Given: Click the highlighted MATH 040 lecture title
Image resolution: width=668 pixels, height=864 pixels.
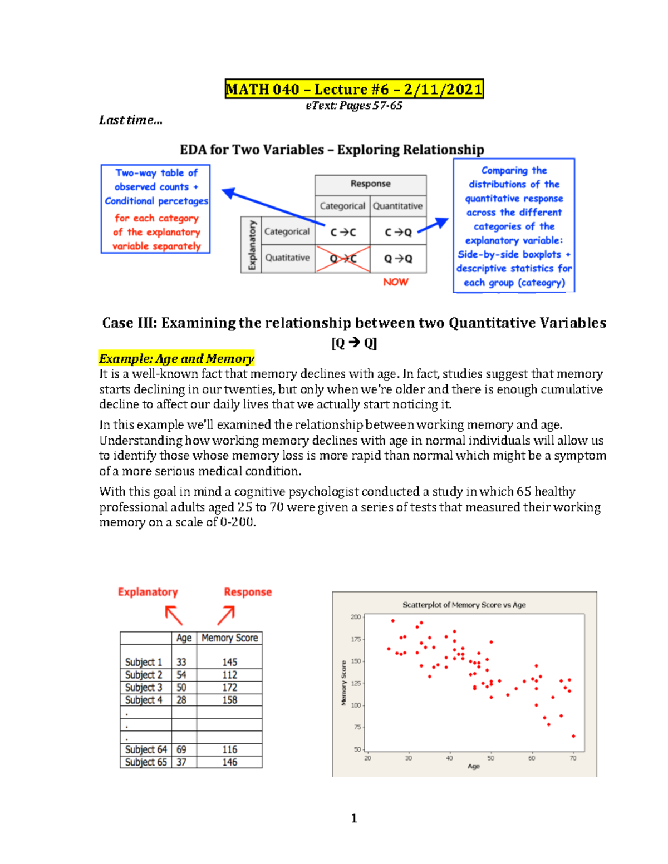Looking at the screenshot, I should tap(354, 89).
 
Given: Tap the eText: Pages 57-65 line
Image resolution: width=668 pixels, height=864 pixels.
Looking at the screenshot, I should tap(354, 106).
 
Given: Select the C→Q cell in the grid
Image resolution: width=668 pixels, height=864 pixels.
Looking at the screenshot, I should tap(399, 232).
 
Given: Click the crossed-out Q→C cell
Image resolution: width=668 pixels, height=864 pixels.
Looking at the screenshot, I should tap(343, 259).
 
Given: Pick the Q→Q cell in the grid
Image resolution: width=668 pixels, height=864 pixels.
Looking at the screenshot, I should tap(399, 259).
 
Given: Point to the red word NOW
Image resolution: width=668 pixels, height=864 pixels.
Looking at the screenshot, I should tap(396, 282).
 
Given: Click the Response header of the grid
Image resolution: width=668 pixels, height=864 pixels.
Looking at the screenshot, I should tap(370, 184).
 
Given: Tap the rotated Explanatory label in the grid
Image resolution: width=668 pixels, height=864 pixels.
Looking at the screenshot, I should tap(252, 245).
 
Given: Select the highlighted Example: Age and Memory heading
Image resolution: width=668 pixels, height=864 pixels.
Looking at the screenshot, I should tap(176, 359).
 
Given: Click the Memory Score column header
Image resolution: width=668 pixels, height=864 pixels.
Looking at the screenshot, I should tap(229, 638).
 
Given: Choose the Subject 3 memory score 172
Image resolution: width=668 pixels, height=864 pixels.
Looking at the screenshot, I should tap(229, 688).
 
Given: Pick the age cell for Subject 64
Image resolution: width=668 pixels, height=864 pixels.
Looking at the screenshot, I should tap(181, 750).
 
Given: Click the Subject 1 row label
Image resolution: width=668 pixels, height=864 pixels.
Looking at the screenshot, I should tap(144, 662).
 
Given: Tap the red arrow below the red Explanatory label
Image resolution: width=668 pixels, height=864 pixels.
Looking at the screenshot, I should tap(174, 615).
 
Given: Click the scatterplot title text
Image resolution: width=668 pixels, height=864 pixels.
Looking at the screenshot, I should tap(464, 605).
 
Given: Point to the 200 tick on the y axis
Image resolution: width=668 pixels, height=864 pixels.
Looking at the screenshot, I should tap(356, 617).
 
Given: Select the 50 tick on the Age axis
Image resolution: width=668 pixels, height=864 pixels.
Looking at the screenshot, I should tap(490, 758).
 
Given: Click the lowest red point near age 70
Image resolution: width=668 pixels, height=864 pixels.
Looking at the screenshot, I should tap(573, 736).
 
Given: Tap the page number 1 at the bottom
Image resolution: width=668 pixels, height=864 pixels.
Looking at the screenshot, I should tap(354, 818).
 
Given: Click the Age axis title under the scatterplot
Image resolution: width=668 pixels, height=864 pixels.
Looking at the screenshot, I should tap(473, 767).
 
